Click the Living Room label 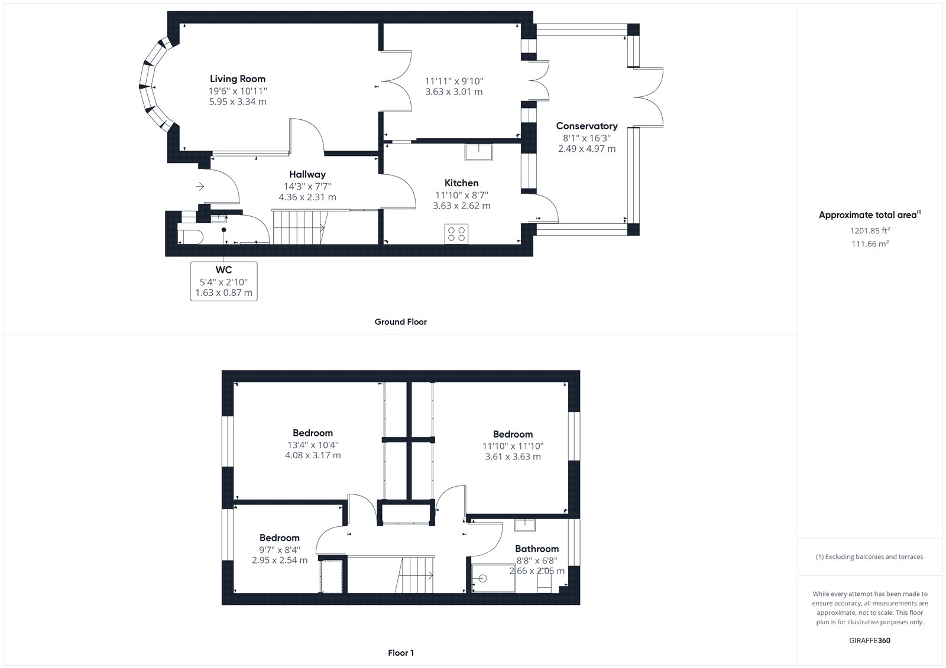point(237,79)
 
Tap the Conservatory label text point(587,126)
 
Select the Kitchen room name point(461,183)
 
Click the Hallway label point(307,174)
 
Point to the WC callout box point(223,281)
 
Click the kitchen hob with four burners point(456,234)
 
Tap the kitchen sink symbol point(478,152)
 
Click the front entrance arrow point(200,186)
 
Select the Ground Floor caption point(400,321)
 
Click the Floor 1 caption point(400,653)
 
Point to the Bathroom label point(537,549)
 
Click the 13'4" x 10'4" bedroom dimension point(313,445)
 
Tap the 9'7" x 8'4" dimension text point(280,549)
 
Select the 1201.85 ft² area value point(870,230)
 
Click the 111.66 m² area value point(870,243)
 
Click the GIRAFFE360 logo point(870,640)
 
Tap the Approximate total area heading point(870,215)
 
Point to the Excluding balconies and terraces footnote point(869,556)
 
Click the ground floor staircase point(299,227)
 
